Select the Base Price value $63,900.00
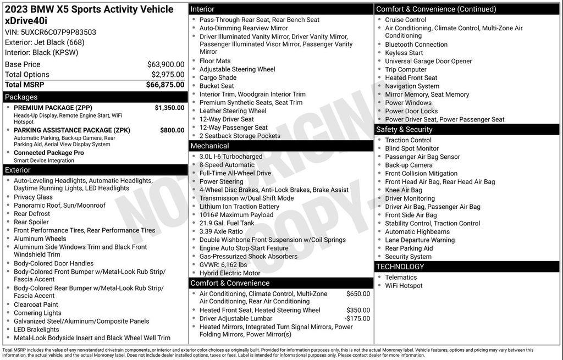click(165, 64)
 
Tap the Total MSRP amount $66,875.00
click(165, 85)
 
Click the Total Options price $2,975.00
click(168, 75)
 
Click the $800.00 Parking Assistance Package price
click(172, 130)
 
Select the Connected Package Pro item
click(49, 153)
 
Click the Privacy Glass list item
click(33, 197)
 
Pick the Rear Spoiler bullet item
click(31, 222)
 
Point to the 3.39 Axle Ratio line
click(221, 231)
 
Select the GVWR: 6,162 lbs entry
click(223, 265)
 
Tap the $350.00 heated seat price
click(358, 310)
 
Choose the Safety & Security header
click(404, 130)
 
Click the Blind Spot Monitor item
click(412, 148)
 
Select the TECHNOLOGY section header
click(400, 267)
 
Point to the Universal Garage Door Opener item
click(428, 61)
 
